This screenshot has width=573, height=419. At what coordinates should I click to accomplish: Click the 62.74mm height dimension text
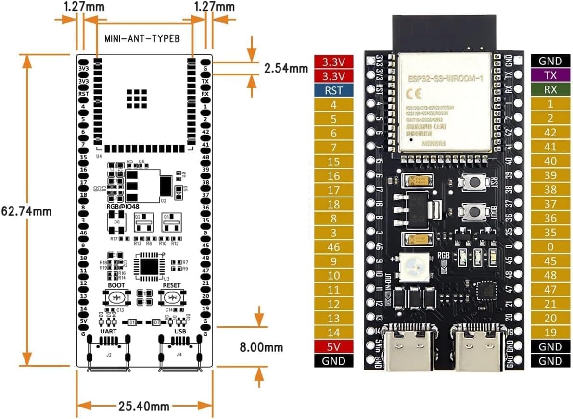coord(26,210)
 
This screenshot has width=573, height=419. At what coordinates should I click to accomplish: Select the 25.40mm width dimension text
coord(144,406)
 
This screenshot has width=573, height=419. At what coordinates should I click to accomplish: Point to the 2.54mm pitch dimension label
coord(286,68)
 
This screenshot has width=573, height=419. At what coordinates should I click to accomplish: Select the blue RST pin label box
coord(334,90)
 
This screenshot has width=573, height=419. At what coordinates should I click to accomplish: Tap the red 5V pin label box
coord(334,346)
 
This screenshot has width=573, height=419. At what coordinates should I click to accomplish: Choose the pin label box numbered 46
coord(334,247)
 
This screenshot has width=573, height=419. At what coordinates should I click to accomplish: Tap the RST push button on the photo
coord(471,182)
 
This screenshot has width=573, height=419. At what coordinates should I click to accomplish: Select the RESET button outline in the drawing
coord(171,298)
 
